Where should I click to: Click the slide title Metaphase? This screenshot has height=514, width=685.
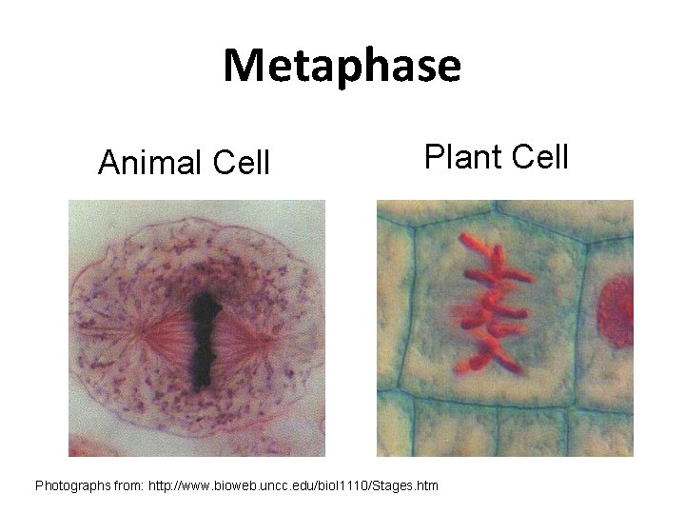pyautogui.click(x=342, y=67)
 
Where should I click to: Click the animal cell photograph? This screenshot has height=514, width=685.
pyautogui.click(x=197, y=328)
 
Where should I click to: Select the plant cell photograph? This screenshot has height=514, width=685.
pyautogui.click(x=505, y=328)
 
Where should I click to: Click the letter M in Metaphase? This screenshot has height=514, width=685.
pyautogui.click(x=242, y=67)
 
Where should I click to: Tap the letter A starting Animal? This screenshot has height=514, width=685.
pyautogui.click(x=108, y=164)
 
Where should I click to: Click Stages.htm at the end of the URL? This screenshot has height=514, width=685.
pyautogui.click(x=409, y=486)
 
